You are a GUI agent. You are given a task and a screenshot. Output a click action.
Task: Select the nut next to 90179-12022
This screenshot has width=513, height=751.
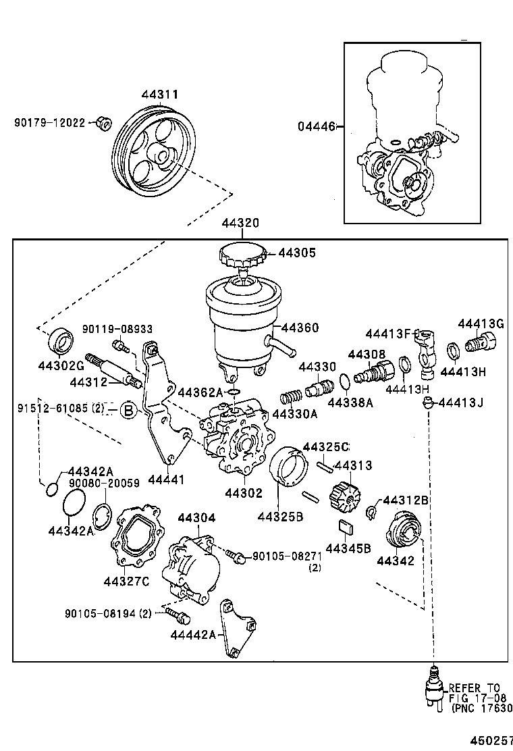tap(103, 124)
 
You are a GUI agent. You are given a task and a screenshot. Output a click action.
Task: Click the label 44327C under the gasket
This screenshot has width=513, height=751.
tap(126, 581)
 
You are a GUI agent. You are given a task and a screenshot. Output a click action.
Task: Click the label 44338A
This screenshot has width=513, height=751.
tap(350, 403)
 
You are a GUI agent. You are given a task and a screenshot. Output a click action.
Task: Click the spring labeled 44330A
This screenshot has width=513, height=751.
tap(290, 398)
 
